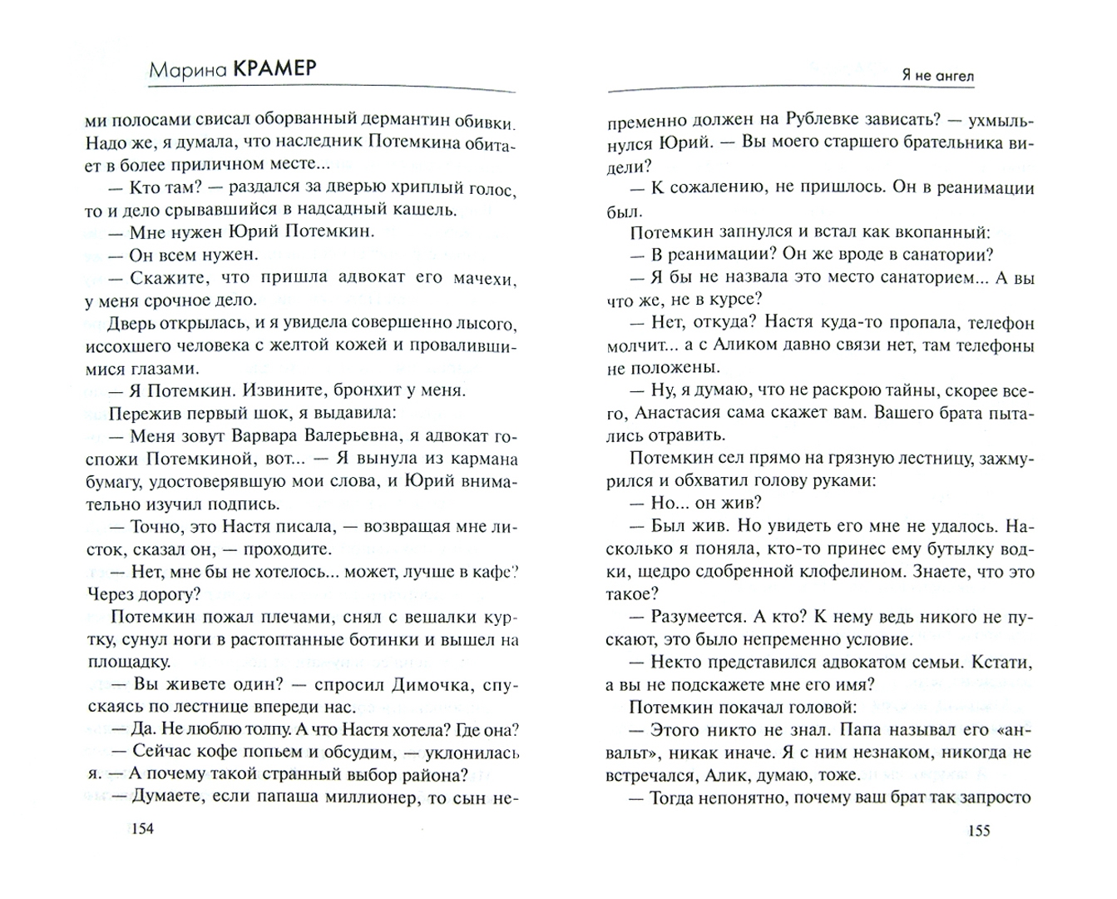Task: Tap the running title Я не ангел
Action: pos(938,76)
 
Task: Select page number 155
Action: pos(979,831)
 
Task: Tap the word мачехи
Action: pos(482,277)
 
